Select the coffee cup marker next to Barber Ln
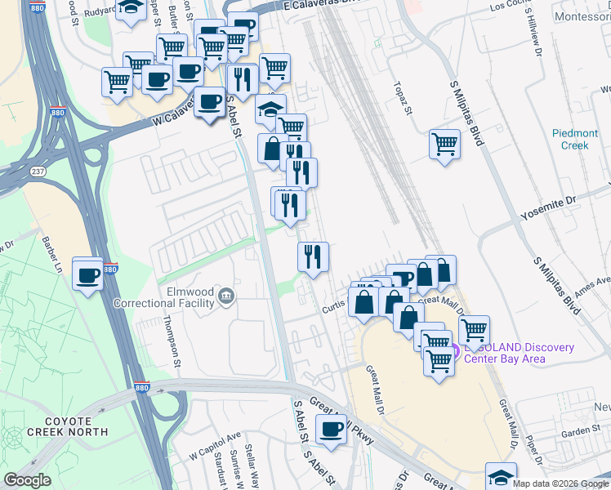87,274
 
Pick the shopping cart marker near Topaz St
444,145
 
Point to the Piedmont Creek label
575,139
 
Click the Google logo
28,480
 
